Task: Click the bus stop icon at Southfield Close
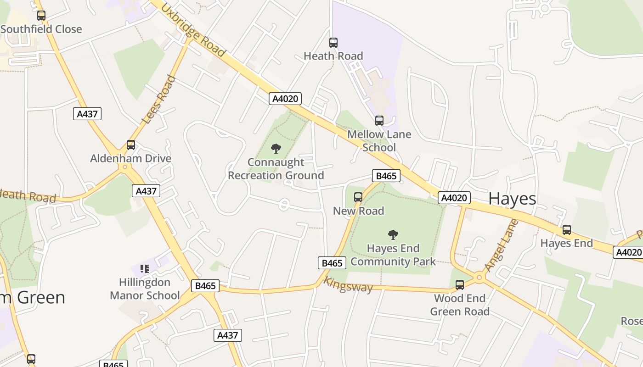pyautogui.click(x=41, y=15)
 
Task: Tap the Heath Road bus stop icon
pyautogui.click(x=333, y=43)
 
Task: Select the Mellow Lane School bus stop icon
pyautogui.click(x=379, y=121)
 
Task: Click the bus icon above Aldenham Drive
pyautogui.click(x=131, y=145)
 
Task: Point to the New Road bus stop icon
pyautogui.click(x=358, y=197)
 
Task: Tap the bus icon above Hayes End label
pyautogui.click(x=567, y=230)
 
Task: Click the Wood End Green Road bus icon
pyautogui.click(x=460, y=285)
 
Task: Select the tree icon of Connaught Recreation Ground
pyautogui.click(x=276, y=148)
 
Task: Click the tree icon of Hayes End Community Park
pyautogui.click(x=393, y=235)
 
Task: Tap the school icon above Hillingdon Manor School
pyautogui.click(x=145, y=268)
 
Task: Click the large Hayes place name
pyautogui.click(x=512, y=199)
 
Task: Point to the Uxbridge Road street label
pyautogui.click(x=193, y=31)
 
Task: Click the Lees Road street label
pyautogui.click(x=159, y=100)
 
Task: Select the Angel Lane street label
pyautogui.click(x=501, y=245)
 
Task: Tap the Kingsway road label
pyautogui.click(x=348, y=284)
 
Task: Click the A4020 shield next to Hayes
pyautogui.click(x=454, y=198)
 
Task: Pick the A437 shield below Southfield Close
pyautogui.click(x=87, y=114)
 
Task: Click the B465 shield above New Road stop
pyautogui.click(x=386, y=176)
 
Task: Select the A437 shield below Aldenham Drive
pyautogui.click(x=146, y=191)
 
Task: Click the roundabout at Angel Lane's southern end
pyautogui.click(x=479, y=277)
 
